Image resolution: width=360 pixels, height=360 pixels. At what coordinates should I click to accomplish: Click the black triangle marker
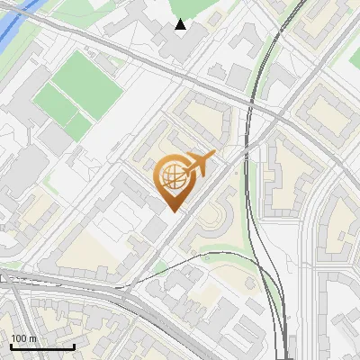tap(181, 24)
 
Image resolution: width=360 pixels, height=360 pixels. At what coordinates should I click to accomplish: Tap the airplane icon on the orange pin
tap(201, 163)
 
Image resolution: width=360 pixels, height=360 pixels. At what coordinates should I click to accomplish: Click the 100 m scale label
tap(24, 338)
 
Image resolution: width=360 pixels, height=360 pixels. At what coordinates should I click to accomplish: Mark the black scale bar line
tap(42, 346)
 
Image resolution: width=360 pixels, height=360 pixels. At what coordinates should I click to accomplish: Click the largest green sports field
tap(86, 84)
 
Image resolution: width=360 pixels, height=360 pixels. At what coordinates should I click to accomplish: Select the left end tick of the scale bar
tap(12, 346)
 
